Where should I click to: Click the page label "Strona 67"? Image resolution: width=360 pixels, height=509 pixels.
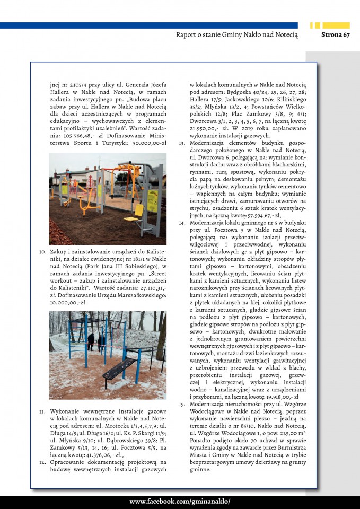click(x=336, y=35)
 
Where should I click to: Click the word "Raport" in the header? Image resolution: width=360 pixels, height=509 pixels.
click(x=187, y=35)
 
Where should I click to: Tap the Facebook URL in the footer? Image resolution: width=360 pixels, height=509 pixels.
click(x=180, y=502)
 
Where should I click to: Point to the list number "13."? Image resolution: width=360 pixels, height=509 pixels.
click(x=181, y=143)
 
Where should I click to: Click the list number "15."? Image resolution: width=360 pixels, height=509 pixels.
click(x=181, y=404)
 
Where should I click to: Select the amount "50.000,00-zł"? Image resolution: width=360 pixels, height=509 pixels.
click(x=150, y=143)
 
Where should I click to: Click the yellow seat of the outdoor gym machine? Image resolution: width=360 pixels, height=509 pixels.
click(x=139, y=213)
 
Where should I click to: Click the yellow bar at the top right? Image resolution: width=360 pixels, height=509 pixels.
click(x=337, y=25)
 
